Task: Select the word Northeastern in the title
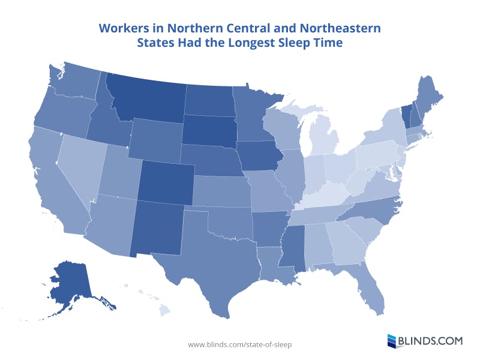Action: coord(335,28)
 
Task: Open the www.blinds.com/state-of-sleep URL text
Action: coord(240,344)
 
